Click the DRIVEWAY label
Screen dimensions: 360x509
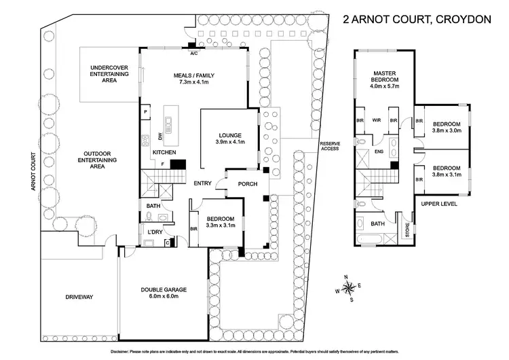(79, 297)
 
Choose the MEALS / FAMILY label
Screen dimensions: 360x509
(193, 77)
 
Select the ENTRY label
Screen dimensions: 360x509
(202, 183)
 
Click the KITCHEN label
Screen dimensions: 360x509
(164, 152)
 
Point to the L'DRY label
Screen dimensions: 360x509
(156, 233)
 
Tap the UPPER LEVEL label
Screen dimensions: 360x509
(438, 203)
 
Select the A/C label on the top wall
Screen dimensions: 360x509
(193, 52)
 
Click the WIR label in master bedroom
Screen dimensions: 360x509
(375, 121)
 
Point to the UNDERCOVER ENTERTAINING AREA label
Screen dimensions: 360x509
(109, 74)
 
